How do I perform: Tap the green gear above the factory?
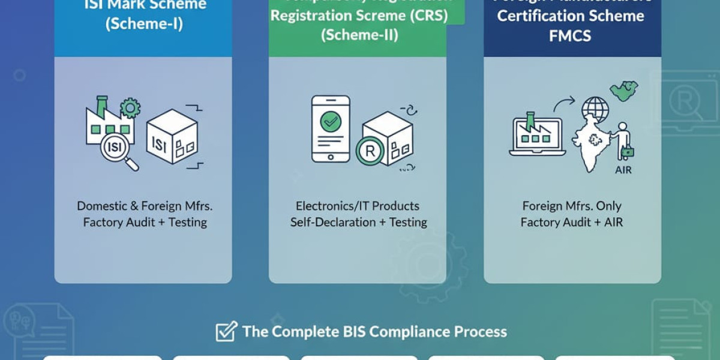point(130,109)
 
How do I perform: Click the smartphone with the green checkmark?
point(330,128)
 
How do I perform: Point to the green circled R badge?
point(370,151)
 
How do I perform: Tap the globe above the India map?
point(595,110)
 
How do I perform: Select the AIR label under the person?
point(623,170)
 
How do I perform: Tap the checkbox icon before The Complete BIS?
point(226,331)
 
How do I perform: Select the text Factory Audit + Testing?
point(145,222)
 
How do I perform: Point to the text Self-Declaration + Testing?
point(358,222)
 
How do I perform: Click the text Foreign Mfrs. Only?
point(572,206)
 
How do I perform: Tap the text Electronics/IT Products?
point(358,206)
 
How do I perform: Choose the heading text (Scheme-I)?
point(143,25)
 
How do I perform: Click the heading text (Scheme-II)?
point(359,34)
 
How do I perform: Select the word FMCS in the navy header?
point(570,35)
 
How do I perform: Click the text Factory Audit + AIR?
point(572,222)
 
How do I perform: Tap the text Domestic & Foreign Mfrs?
point(145,206)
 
